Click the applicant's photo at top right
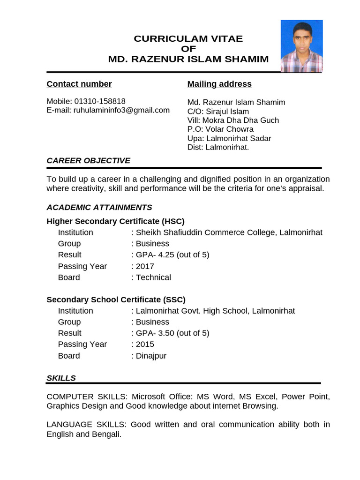[x=301, y=46]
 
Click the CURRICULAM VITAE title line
[x=188, y=39]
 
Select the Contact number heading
[x=79, y=84]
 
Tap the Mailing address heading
[x=219, y=84]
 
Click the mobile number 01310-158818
[x=100, y=101]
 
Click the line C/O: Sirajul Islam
[x=218, y=112]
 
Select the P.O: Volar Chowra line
[x=220, y=129]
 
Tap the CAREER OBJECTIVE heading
[x=89, y=161]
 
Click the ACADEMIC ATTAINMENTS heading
[x=99, y=207]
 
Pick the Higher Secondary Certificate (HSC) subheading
[x=116, y=221]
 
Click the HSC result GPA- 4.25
[x=172, y=255]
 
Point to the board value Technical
[x=153, y=277]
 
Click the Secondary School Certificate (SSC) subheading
[x=116, y=300]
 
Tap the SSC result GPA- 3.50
[x=172, y=333]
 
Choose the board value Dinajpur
[x=151, y=356]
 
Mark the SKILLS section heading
[x=61, y=378]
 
